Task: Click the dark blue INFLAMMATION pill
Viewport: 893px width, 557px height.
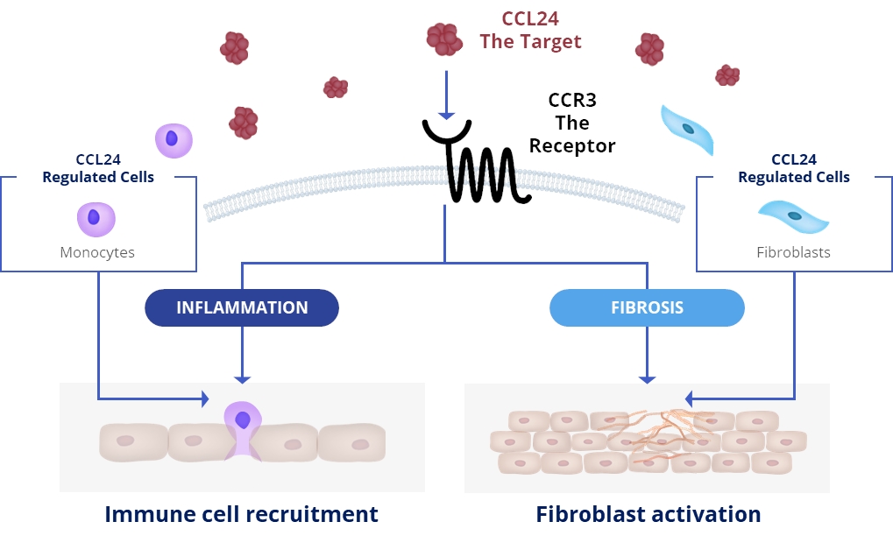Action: click(x=242, y=307)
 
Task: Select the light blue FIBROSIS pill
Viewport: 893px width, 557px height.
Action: click(x=647, y=308)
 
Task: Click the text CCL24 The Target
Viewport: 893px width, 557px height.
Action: click(x=530, y=30)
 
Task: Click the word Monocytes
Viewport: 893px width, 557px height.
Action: click(x=97, y=252)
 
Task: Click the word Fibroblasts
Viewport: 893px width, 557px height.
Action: click(x=793, y=252)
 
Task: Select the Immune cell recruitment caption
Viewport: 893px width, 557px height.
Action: click(x=241, y=514)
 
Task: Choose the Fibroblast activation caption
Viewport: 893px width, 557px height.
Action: click(x=648, y=514)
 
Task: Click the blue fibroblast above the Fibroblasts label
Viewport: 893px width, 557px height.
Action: click(x=792, y=215)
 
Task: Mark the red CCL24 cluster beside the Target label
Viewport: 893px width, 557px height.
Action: click(x=444, y=39)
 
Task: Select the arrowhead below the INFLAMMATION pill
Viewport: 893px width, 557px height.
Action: click(x=242, y=378)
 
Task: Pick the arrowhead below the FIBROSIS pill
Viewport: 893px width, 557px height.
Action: click(x=647, y=378)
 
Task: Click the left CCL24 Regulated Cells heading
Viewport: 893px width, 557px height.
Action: click(x=98, y=168)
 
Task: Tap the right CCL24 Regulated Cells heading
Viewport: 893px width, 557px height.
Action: click(x=794, y=168)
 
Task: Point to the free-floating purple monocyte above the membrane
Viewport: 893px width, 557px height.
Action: click(x=174, y=139)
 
